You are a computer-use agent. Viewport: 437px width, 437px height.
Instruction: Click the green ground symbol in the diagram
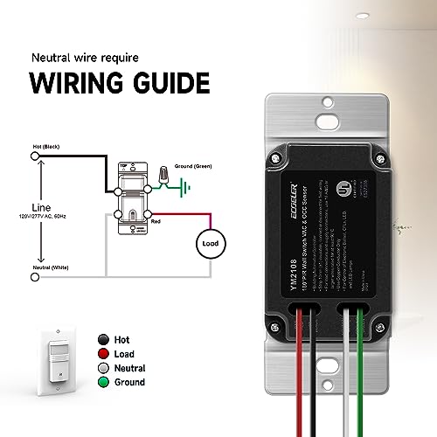pyautogui.click(x=184, y=185)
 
